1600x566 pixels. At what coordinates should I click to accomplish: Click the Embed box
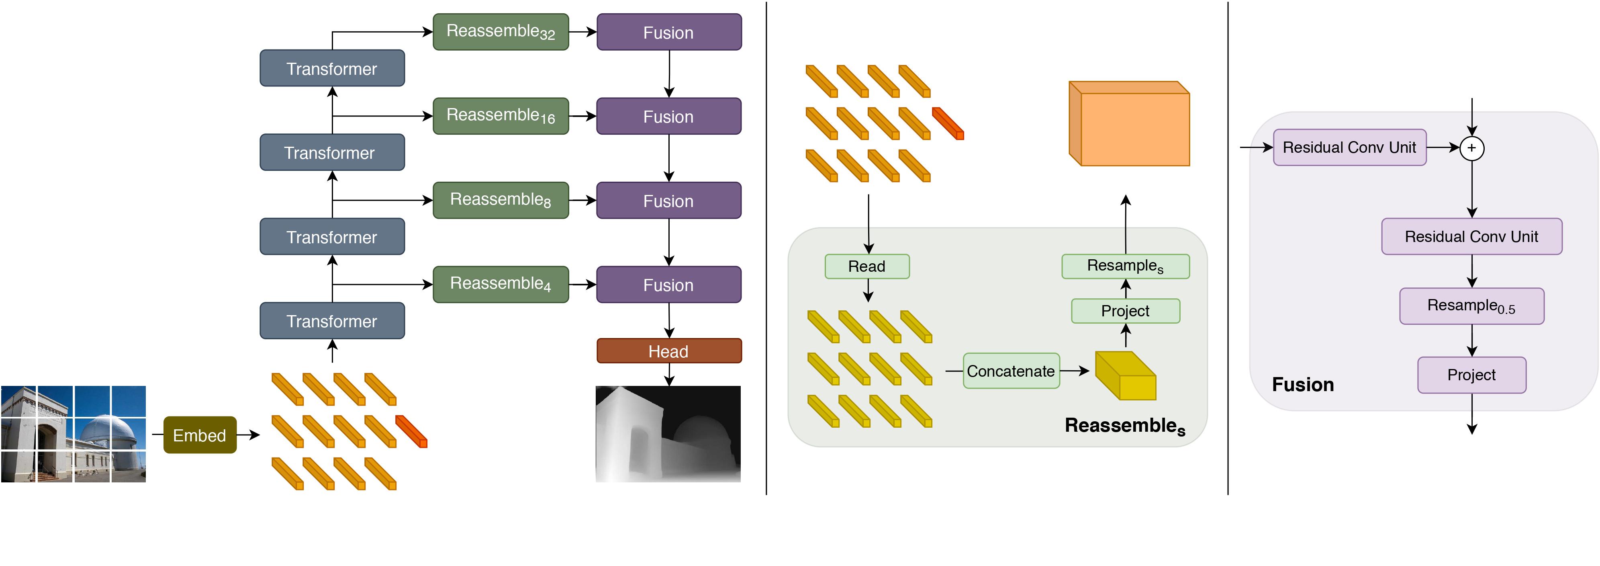coord(199,435)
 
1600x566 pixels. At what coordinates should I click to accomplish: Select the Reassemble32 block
coord(501,32)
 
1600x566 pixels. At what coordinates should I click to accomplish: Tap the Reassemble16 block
coord(501,115)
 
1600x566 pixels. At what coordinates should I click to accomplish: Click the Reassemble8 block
coord(501,200)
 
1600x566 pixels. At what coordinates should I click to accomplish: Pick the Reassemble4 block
coord(501,284)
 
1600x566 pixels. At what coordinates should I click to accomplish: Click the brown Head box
coord(668,351)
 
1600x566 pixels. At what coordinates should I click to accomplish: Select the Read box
coord(866,267)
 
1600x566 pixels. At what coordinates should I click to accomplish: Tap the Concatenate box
coord(1011,371)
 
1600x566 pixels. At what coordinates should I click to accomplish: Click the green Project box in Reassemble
coord(1125,311)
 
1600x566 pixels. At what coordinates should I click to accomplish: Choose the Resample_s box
coord(1125,266)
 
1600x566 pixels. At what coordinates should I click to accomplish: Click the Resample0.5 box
coord(1471,306)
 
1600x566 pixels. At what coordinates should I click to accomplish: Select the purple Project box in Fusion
coord(1471,375)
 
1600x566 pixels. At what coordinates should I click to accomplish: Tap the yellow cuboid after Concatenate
coord(1125,376)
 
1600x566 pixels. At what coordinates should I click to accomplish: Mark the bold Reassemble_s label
coord(1124,426)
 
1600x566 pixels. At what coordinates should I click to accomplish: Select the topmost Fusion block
coord(668,32)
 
